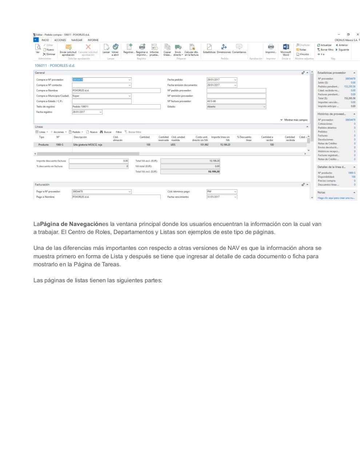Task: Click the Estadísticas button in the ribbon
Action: pos(209,48)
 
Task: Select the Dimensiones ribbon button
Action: pos(224,48)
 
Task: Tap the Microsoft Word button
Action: pos(286,49)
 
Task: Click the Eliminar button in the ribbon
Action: pos(49,54)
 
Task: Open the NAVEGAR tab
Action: pos(77,40)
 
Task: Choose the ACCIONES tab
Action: pos(60,40)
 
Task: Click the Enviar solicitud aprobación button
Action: pos(68,49)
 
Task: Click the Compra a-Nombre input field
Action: pos(116,90)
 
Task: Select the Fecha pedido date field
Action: pos(221,80)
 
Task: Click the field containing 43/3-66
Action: pos(236,101)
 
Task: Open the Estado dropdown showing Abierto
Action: pos(236,107)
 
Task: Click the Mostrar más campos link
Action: pos(294,120)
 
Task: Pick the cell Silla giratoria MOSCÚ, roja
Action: pos(88,145)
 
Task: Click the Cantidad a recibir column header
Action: pos(267,138)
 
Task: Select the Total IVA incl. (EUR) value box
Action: pos(190,172)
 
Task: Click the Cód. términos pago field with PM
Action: pos(221,191)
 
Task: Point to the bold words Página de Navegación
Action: pos(71,224)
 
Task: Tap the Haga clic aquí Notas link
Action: pos(336,198)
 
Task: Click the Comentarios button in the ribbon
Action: pos(239,48)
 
